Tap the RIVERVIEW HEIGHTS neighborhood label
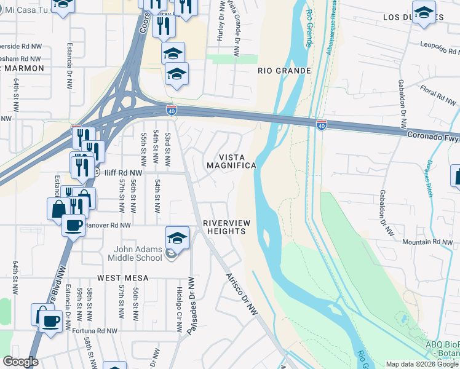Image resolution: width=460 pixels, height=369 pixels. pos(224,227)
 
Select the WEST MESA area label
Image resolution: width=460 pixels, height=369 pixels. pos(123,278)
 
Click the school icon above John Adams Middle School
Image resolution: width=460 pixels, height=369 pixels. pos(177,237)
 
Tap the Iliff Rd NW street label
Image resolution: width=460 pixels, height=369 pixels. pos(123,173)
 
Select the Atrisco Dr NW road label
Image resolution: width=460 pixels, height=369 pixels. pos(241,295)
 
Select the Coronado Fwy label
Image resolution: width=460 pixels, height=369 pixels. pos(432,134)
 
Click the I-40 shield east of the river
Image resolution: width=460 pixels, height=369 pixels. pos(322,125)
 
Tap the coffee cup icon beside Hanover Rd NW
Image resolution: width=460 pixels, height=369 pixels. pos(73,225)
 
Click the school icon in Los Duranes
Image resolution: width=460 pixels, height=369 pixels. pos(423,13)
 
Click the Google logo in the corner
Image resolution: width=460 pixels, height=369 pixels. pos(21,362)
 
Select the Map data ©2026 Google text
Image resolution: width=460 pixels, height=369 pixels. pos(422,364)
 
